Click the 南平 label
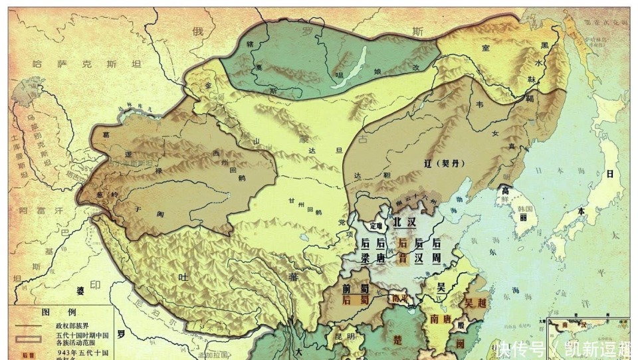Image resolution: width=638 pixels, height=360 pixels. click(x=401, y=298)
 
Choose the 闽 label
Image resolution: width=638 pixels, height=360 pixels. click(x=460, y=343)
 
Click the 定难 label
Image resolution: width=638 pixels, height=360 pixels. click(x=376, y=225)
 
